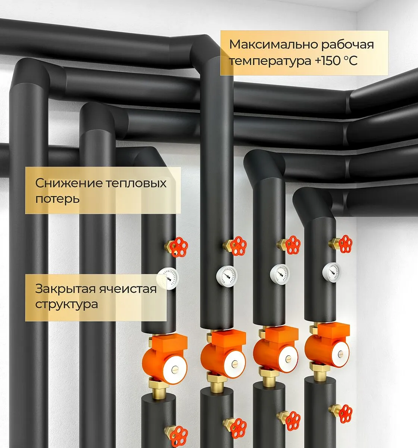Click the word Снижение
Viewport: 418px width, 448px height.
tap(69, 183)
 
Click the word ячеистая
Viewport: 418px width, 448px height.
tap(128, 289)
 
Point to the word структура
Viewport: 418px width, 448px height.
tap(67, 304)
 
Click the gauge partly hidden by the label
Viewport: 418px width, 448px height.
tap(169, 279)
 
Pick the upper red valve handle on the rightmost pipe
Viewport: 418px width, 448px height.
tap(344, 244)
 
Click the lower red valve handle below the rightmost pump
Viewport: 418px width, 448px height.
tap(344, 413)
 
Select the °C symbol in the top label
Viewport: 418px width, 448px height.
tap(350, 61)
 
